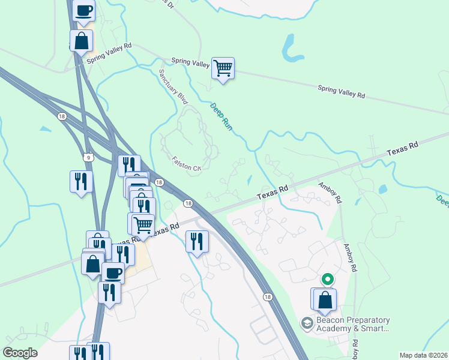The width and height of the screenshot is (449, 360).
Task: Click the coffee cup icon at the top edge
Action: (83, 10)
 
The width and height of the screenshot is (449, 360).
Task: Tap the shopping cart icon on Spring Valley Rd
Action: (223, 68)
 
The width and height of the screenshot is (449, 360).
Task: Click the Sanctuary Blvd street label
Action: (173, 87)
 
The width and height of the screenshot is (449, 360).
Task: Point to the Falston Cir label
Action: (185, 164)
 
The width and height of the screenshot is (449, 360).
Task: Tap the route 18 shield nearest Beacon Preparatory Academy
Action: (267, 296)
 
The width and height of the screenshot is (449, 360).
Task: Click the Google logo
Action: (20, 353)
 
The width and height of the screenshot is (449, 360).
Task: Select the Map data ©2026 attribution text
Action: (424, 355)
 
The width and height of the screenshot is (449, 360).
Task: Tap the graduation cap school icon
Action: (307, 323)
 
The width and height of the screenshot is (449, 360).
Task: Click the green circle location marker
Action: (327, 279)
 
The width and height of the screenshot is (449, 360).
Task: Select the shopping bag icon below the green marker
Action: (324, 299)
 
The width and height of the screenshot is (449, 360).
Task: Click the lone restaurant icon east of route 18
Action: (197, 241)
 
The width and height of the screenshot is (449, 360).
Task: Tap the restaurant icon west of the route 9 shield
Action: (81, 181)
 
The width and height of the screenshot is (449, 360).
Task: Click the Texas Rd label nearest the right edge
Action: (402, 149)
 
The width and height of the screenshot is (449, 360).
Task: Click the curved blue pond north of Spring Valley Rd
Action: (292, 50)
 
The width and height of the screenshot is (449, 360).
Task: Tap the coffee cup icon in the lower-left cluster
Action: (113, 273)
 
